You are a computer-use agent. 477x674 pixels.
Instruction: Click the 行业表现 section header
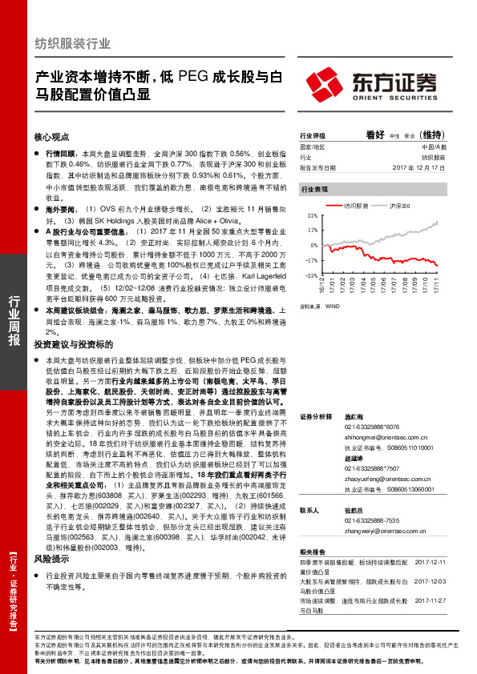(314, 191)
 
